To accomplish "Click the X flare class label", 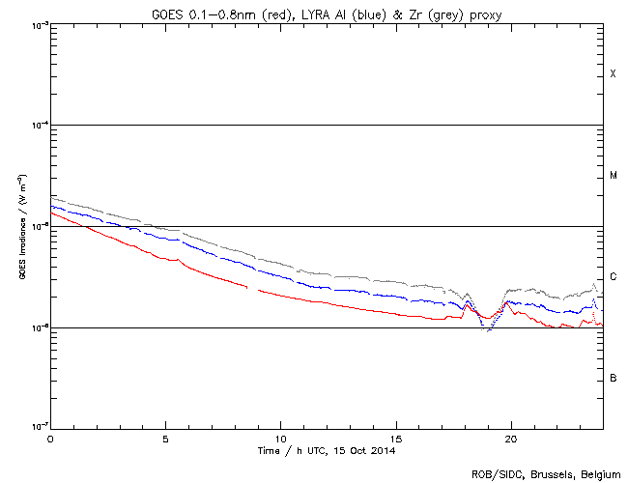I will (613, 74).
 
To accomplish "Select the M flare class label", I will (613, 176).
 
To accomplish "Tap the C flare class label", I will (613, 277).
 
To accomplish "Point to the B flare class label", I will (613, 378).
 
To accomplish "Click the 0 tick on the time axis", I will (50, 439).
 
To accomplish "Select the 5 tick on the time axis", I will (165, 439).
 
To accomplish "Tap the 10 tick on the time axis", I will (280, 439).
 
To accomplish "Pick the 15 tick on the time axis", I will (395, 439).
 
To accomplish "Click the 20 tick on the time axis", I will (510, 439).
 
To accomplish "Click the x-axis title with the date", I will (327, 451).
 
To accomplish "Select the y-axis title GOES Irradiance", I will (20, 227).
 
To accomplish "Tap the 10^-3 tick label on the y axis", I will (37, 24).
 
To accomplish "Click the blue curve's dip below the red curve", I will (484, 327).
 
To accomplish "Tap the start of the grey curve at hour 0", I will (51, 197).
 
